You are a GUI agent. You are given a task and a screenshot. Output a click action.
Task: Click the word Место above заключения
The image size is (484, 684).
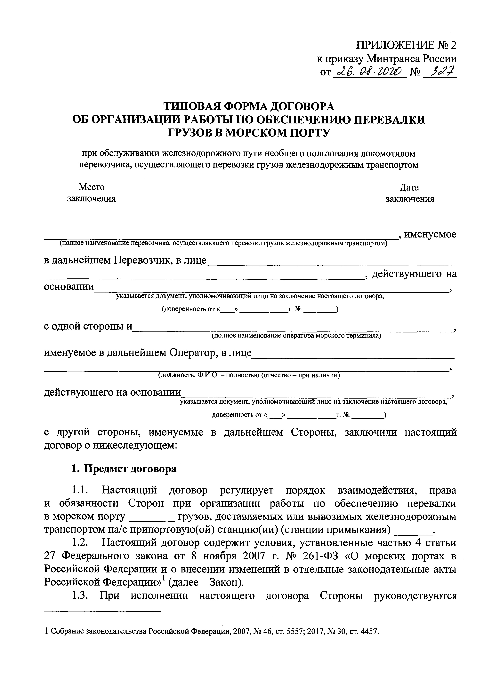click(x=92, y=187)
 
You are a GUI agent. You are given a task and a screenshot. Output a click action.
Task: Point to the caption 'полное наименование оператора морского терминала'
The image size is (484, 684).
click(x=296, y=336)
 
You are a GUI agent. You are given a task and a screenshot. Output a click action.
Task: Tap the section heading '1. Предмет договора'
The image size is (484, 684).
click(x=124, y=469)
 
